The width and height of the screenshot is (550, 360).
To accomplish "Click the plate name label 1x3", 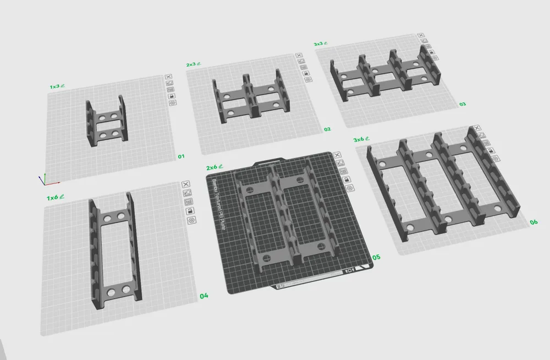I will click(54, 86).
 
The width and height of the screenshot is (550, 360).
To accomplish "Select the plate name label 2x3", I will click(191, 64).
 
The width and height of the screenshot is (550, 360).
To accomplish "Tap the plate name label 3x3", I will click(318, 43).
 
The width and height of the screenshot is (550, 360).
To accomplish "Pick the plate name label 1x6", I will click(53, 197).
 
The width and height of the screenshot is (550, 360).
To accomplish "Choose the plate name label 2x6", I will click(211, 167).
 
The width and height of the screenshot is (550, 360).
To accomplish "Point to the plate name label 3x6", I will click(359, 139).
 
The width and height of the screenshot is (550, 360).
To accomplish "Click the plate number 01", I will click(180, 156).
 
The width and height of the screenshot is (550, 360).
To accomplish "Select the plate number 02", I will click(327, 129).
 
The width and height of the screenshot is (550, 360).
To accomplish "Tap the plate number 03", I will click(463, 103).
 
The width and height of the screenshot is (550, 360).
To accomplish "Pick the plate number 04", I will click(204, 296).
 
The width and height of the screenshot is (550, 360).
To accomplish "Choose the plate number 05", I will click(376, 257).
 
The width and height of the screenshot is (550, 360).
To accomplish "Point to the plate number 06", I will click(533, 222).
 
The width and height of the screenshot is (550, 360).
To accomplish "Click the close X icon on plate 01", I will click(169, 78).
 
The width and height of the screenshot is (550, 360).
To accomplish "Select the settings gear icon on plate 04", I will click(191, 220).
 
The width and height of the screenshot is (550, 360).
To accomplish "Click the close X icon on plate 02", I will click(299, 56).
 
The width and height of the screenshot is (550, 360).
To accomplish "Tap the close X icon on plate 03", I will click(421, 36).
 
